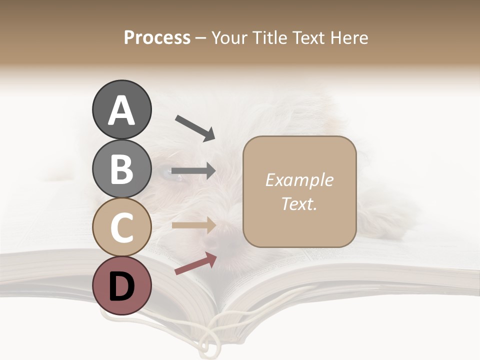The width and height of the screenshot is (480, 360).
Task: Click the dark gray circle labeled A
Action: click(121, 110)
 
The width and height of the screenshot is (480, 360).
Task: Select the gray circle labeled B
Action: click(121, 168)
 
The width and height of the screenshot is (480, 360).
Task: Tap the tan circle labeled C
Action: click(121, 227)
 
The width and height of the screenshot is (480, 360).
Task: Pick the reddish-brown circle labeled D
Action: click(121, 285)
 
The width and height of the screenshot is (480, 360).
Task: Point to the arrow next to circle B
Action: click(193, 171)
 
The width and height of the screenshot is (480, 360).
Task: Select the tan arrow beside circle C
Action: click(193, 225)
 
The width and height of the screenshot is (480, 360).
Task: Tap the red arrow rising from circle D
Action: click(195, 263)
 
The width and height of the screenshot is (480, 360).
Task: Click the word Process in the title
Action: click(157, 37)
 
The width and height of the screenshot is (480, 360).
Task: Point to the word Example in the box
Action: click(299, 180)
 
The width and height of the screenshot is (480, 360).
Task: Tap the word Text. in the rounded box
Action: click(299, 203)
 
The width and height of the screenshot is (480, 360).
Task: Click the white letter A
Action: click(121, 110)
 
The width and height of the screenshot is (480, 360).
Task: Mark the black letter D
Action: click(121, 286)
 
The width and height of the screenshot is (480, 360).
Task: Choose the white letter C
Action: click(121, 227)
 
